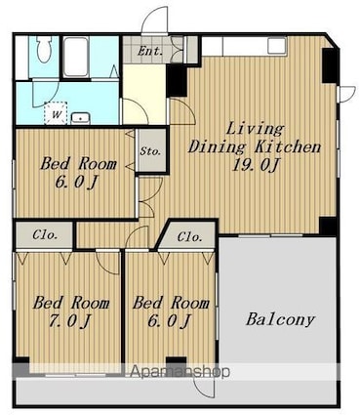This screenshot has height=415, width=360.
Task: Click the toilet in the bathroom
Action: (x=44, y=49)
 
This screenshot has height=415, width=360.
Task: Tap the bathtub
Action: (x=76, y=57)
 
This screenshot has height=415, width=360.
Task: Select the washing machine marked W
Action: (x=56, y=113)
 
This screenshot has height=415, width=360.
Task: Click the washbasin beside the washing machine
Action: (x=80, y=118)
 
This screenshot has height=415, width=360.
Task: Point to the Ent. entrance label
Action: (x=150, y=51)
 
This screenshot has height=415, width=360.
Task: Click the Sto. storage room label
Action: (x=150, y=151)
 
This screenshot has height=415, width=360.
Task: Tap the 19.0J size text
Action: (x=256, y=165)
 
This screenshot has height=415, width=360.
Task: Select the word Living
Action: (x=255, y=128)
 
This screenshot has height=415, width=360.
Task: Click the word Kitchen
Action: (x=288, y=146)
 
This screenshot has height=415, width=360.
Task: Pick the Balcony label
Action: (x=280, y=319)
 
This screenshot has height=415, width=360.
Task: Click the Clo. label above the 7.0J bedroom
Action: (x=45, y=235)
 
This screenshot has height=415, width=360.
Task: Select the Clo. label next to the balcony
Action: (x=190, y=237)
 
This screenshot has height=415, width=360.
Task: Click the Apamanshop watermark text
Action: (x=180, y=371)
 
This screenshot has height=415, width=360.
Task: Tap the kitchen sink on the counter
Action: (x=277, y=45)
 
